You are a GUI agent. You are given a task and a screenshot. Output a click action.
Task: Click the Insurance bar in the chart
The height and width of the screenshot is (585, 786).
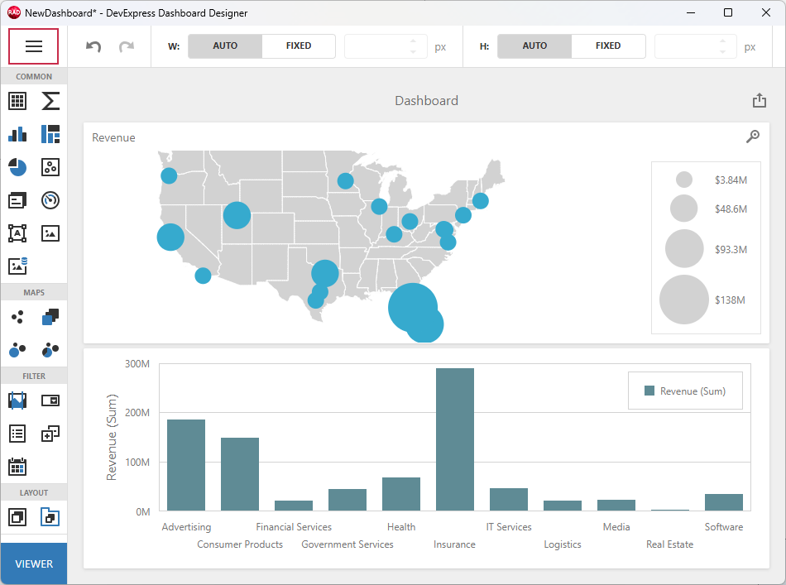click(x=454, y=439)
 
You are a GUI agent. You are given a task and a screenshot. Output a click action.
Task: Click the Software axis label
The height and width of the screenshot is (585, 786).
click(x=723, y=527)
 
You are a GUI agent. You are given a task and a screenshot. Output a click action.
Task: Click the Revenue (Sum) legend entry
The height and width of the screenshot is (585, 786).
click(x=685, y=391)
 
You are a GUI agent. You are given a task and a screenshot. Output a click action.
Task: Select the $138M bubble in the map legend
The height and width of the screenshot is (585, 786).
click(x=683, y=300)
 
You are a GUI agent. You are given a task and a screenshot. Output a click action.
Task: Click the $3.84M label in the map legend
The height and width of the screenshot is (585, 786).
click(x=731, y=180)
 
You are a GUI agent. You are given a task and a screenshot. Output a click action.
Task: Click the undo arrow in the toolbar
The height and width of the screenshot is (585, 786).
click(x=93, y=47)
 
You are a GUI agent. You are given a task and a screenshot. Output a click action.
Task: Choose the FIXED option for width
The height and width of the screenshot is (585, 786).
click(x=299, y=46)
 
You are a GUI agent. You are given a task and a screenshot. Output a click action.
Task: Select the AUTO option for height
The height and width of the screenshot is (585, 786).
click(x=534, y=46)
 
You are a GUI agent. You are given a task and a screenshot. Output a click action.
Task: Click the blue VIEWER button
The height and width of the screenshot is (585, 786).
click(x=34, y=563)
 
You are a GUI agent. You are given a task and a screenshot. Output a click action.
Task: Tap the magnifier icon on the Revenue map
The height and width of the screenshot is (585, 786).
click(x=752, y=137)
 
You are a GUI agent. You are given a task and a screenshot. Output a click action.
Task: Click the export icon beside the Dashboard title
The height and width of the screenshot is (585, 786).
click(x=759, y=101)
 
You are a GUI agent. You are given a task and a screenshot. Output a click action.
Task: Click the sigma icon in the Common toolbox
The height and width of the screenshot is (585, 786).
click(x=50, y=101)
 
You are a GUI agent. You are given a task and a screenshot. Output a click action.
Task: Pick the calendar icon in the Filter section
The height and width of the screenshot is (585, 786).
click(x=17, y=467)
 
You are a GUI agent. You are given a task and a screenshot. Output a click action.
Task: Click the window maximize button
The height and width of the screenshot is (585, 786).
click(x=727, y=12)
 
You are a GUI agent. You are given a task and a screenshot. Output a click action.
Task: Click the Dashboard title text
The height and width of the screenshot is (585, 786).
click(x=426, y=101)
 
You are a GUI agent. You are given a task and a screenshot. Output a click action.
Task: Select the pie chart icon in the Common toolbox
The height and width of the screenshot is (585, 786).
click(x=17, y=167)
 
